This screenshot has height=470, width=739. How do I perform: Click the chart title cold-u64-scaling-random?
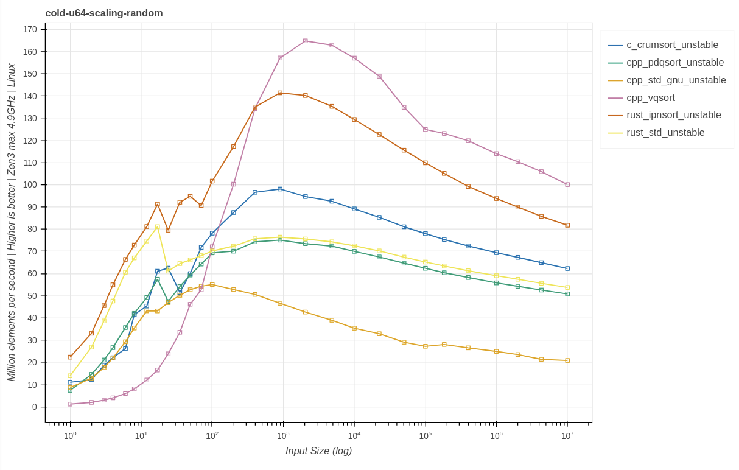click(x=104, y=13)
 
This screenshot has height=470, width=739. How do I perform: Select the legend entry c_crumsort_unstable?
click(x=672, y=45)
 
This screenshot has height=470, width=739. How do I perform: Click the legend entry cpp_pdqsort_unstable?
click(x=675, y=63)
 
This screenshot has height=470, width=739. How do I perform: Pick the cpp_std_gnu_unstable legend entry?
click(x=676, y=80)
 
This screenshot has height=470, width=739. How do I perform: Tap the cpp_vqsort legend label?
click(x=650, y=98)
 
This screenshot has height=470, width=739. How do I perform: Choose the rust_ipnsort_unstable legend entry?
click(x=673, y=115)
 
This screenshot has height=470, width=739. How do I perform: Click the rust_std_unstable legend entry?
click(x=665, y=133)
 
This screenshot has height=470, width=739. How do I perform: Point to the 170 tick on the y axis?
click(x=30, y=29)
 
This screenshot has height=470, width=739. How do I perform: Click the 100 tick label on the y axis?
click(x=30, y=185)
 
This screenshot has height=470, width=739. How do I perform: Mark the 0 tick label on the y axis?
click(x=34, y=407)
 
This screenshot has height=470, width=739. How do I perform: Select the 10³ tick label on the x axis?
click(x=283, y=436)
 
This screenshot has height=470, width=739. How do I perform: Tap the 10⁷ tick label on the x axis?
click(x=567, y=436)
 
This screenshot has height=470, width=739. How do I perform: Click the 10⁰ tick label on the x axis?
click(x=70, y=436)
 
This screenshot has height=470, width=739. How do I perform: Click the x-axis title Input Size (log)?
click(x=318, y=451)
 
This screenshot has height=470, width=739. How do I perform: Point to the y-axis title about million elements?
click(x=12, y=222)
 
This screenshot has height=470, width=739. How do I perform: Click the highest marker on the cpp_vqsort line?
click(x=306, y=41)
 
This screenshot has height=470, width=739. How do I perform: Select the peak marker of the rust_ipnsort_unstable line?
click(x=280, y=93)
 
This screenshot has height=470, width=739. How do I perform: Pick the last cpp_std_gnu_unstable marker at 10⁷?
click(x=567, y=360)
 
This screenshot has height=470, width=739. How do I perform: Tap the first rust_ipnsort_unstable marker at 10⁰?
click(x=70, y=357)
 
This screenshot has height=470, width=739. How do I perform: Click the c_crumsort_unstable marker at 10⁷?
click(x=567, y=268)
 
